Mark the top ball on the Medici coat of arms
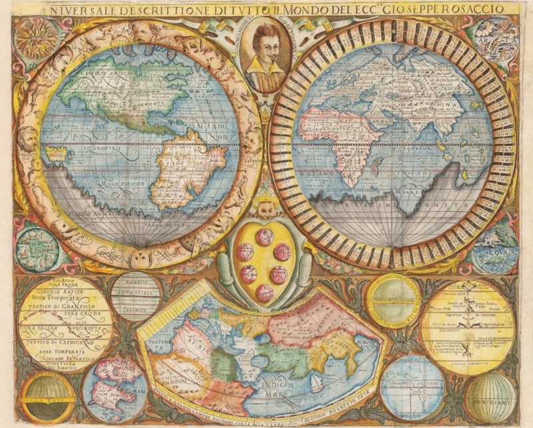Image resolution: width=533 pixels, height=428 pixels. pos(265,235)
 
